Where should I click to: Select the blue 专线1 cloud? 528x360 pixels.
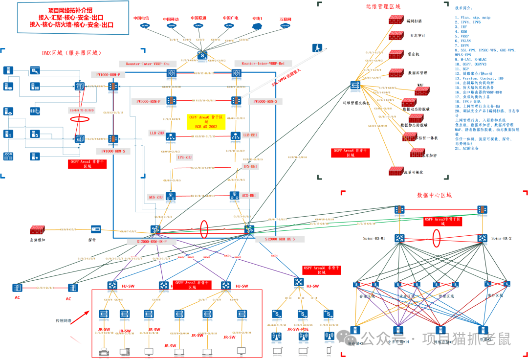point(258,25)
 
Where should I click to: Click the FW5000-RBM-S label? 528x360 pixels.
point(265,101)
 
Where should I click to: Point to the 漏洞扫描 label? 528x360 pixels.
point(414,22)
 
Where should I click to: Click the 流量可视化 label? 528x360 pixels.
point(414,172)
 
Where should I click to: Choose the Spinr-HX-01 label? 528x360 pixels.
point(374,238)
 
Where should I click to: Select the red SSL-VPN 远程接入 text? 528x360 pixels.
point(286,78)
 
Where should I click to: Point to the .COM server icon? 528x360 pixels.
point(8,156)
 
